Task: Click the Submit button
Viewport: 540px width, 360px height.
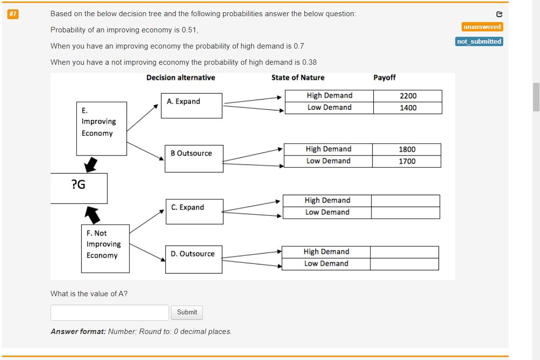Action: [187, 312]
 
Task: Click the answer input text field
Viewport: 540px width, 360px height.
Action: [109, 312]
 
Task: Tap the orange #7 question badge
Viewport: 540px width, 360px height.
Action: [13, 14]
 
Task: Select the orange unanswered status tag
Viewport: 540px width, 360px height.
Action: [482, 27]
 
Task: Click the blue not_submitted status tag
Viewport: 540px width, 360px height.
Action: [479, 42]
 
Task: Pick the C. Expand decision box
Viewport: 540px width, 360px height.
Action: [194, 211]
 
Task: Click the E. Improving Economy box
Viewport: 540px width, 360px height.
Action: [101, 129]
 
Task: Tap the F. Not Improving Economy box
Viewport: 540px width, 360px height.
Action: [105, 248]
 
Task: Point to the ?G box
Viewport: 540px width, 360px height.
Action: [78, 187]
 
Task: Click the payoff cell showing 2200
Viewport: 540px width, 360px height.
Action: [408, 96]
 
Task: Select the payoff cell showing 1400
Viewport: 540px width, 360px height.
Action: [408, 108]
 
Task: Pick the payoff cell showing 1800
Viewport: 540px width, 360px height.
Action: [407, 150]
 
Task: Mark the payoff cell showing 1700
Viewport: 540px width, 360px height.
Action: [407, 161]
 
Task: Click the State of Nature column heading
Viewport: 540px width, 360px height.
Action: [297, 77]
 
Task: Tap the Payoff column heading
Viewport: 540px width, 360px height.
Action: [384, 77]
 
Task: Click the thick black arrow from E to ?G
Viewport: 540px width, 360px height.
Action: [90, 164]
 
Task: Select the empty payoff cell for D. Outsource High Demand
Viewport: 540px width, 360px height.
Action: [404, 252]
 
